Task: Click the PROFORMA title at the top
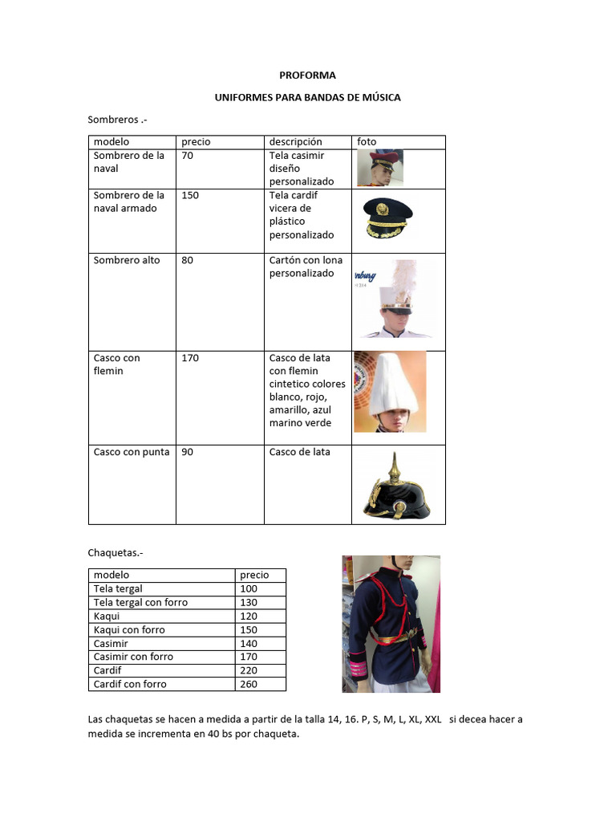pos(307,75)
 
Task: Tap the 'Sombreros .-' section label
pos(117,120)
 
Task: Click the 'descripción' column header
pos(295,141)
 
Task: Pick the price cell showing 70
pos(187,156)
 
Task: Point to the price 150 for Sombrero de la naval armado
pos(190,195)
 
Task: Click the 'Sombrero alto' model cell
pos(127,260)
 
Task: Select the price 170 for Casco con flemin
pos(190,358)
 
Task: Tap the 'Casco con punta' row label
pos(132,452)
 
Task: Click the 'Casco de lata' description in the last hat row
pos(299,452)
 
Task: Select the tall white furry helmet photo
pos(391,391)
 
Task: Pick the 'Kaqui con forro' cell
pos(129,630)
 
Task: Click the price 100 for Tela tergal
pos(250,588)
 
